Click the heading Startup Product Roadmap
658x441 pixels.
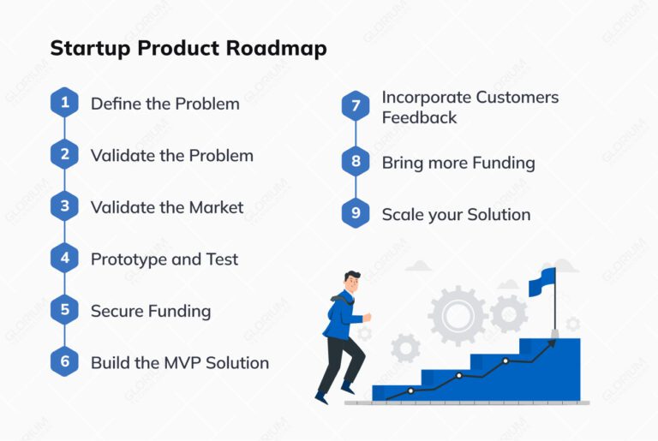point(188,49)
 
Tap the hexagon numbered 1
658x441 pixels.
point(64,104)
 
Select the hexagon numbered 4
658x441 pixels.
point(64,259)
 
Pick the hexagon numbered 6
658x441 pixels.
point(64,362)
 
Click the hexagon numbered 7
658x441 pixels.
point(355,106)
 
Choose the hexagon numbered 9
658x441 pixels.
point(355,214)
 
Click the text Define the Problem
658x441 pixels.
point(164,104)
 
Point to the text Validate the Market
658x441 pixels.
point(167,207)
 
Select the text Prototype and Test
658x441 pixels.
point(164,259)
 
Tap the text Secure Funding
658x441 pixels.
point(151,311)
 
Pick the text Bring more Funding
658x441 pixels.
point(458,163)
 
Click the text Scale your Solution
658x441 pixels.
point(456,214)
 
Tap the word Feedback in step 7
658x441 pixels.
point(420,117)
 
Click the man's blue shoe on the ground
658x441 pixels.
point(322,396)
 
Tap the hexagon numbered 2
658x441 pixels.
point(64,155)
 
